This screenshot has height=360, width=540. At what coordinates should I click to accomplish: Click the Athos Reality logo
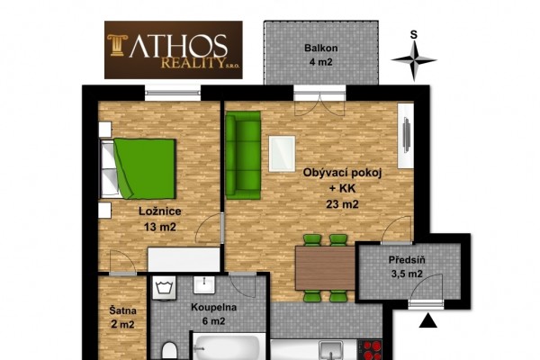173,50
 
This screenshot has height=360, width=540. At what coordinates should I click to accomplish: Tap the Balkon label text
320,49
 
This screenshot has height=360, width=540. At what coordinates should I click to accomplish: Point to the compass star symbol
414,61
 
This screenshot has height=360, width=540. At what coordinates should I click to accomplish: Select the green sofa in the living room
243,155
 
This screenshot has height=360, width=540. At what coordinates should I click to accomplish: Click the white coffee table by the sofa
282,154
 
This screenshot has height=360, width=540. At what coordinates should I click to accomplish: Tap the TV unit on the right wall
406,136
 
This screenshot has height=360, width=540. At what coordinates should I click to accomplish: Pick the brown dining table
325,268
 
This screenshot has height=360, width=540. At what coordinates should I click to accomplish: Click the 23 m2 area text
342,204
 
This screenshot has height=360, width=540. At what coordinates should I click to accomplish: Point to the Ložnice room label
160,211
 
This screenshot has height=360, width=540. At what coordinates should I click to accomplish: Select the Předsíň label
407,259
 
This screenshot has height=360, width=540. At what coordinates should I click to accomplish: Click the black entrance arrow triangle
428,320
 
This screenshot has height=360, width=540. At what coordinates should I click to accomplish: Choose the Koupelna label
213,307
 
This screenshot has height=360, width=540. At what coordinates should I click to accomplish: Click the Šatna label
123,310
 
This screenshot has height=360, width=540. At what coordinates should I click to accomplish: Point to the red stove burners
370,350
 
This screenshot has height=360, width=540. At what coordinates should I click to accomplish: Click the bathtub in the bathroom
229,346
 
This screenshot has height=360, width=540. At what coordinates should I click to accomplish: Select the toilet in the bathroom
169,351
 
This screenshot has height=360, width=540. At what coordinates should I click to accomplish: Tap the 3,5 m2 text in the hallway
407,274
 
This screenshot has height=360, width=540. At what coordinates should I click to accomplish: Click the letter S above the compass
414,35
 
